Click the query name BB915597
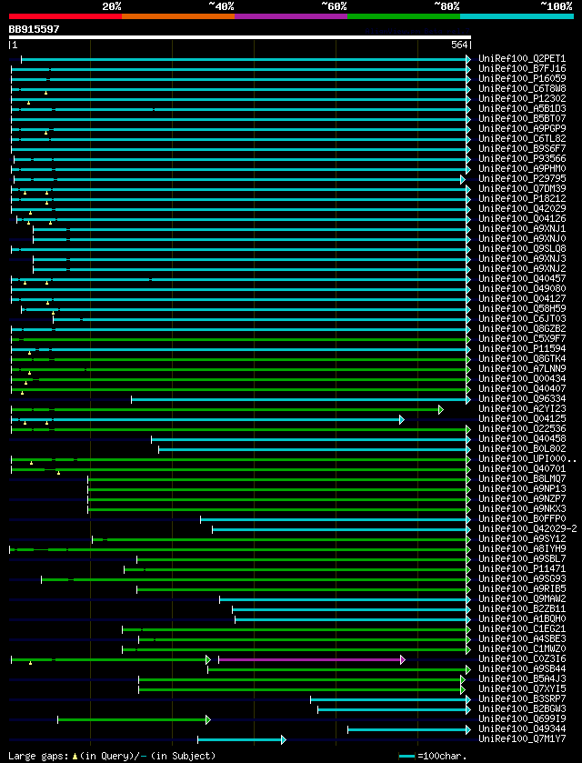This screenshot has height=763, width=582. pos(35,29)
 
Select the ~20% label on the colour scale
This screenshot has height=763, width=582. pos(112,5)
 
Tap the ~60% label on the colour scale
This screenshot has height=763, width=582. pos(334,5)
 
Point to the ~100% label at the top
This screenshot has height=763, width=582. pos(556,5)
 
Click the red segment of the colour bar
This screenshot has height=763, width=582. pos(65,16)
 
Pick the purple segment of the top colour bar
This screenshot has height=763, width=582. pos(290,16)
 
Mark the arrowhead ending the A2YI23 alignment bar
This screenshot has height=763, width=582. pos(441,409)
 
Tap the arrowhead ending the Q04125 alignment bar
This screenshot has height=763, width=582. pos(401,419)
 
